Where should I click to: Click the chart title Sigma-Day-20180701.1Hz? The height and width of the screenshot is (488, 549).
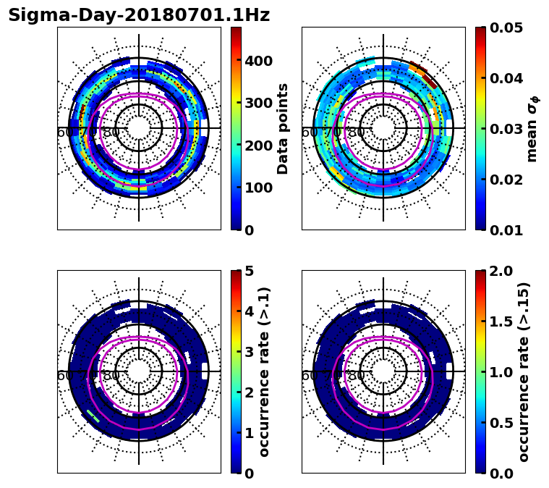coord(139,16)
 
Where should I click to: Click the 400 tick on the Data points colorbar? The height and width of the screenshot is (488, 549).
coord(258,61)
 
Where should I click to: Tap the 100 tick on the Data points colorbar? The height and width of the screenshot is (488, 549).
coord(258,188)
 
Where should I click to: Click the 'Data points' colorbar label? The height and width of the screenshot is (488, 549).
coord(283,129)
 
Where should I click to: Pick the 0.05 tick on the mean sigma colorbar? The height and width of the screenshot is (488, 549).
coord(507,28)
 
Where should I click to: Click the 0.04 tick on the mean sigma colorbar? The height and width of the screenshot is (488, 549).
coord(507,78)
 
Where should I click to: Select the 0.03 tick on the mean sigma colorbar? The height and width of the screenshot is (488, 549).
coord(507,129)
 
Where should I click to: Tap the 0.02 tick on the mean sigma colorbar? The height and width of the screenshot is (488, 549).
coord(507,180)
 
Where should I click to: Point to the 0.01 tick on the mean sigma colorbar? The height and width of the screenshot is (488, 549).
coord(507,230)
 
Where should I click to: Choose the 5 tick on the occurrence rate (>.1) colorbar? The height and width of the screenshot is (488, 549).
coord(250,272)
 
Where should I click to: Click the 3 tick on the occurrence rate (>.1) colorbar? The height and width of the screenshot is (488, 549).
coord(250,353)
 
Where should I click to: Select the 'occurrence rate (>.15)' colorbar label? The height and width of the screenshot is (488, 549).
coord(524,371)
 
